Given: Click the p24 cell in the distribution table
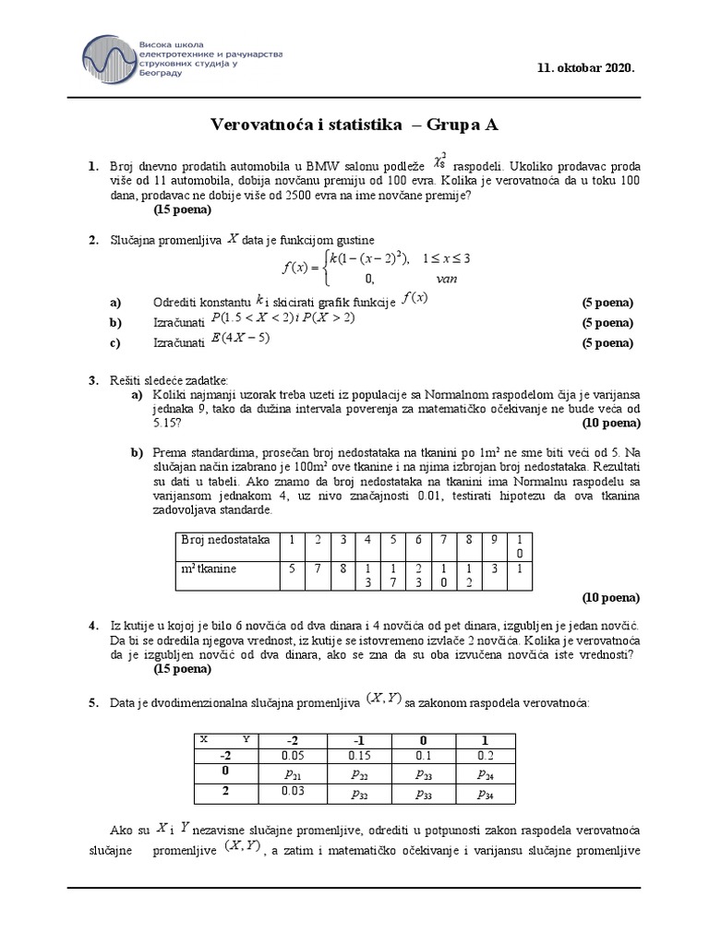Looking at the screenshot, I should coord(485,772).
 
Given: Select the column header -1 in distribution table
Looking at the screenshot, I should coord(357,739).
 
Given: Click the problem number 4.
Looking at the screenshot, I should coord(93,625).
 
